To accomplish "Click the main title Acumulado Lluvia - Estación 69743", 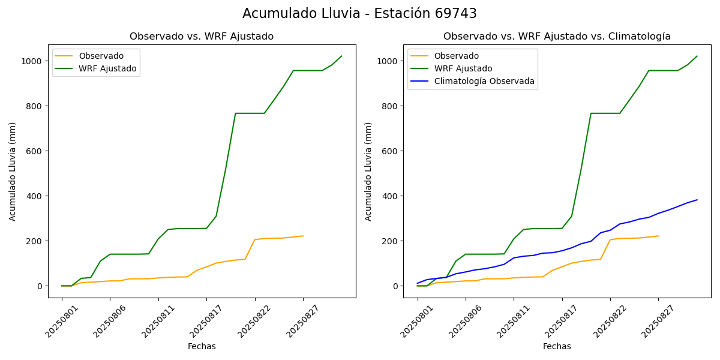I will tap(359, 13).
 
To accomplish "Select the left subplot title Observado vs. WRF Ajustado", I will tap(202, 37).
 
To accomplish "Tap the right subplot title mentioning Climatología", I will tap(557, 37).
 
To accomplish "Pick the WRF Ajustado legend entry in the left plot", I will tap(107, 69).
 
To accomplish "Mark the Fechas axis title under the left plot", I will tap(202, 347).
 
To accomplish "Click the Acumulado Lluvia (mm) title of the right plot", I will tap(368, 171).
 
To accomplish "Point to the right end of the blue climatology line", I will tap(697, 200).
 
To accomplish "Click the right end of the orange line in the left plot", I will tap(303, 236).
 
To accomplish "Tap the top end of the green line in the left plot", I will tap(341, 56).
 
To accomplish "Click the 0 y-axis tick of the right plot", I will tap(395, 286).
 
